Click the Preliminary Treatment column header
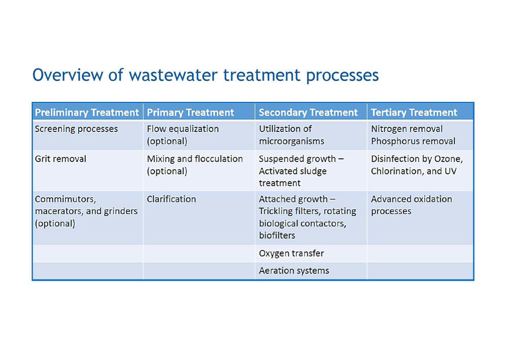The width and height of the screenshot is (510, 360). [x=87, y=113]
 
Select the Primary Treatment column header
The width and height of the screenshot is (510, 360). [x=190, y=113]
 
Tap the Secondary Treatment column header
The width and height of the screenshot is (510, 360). [x=308, y=113]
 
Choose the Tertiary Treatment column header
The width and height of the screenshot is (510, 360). [x=414, y=113]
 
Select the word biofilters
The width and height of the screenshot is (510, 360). [x=277, y=235]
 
